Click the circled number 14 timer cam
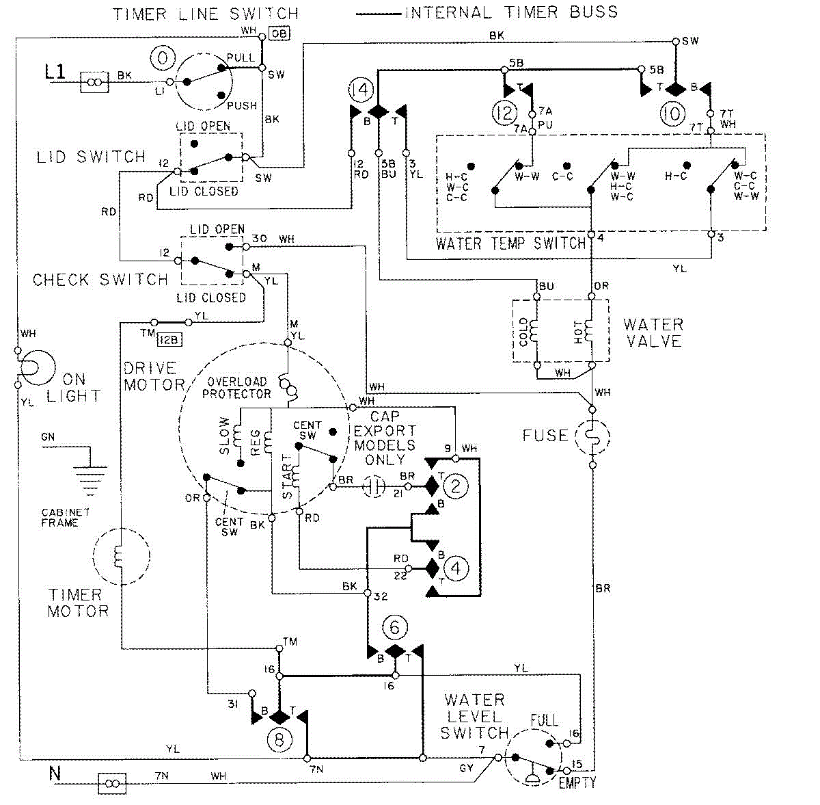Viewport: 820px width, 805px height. (361, 90)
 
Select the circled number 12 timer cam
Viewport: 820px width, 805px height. (505, 113)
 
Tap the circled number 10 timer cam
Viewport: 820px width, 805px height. (673, 114)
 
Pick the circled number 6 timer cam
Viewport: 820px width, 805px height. (395, 627)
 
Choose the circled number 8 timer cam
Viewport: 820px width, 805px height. (279, 740)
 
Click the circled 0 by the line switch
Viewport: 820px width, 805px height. (163, 58)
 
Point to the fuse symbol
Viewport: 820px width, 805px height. (592, 436)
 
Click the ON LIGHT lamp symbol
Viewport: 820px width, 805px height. (38, 367)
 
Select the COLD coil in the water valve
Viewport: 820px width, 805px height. (532, 332)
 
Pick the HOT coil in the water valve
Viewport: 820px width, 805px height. (588, 331)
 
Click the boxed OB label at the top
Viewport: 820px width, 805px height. (279, 34)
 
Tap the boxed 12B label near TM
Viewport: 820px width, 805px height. (169, 340)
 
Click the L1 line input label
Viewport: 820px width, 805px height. (55, 72)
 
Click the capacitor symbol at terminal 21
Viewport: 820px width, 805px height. (374, 486)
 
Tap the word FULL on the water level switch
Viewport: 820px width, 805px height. (544, 720)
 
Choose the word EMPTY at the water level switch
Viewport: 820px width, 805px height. (577, 782)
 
